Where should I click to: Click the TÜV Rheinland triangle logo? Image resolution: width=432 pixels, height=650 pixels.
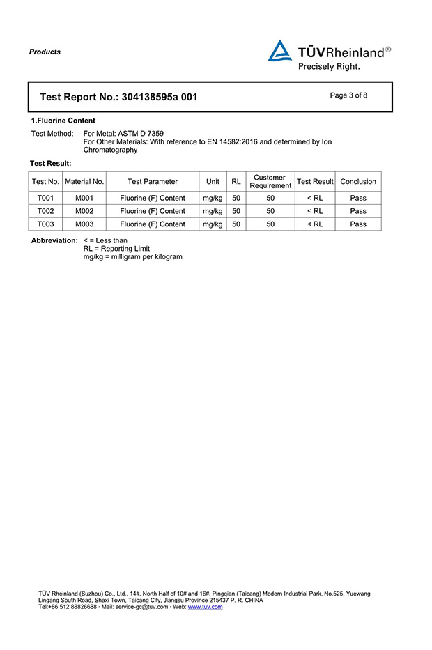(280, 52)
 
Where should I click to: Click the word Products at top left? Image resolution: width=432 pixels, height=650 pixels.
(45, 52)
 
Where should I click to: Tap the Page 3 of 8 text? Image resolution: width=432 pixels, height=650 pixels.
(348, 95)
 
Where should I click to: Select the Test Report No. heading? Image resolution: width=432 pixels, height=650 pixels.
(118, 97)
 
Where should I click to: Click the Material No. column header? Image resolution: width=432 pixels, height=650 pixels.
(84, 181)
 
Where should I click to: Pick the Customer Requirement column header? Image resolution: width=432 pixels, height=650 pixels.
(270, 181)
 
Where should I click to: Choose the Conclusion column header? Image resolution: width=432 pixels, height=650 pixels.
(358, 181)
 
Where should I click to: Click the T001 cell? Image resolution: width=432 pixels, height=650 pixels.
(45, 198)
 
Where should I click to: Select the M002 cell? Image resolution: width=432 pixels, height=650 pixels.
(84, 211)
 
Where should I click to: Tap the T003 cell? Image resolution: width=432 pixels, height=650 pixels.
(45, 224)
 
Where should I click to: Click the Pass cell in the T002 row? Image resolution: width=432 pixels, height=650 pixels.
(358, 211)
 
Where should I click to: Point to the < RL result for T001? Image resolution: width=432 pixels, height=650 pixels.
(315, 198)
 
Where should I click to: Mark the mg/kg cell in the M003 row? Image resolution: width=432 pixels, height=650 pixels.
(213, 224)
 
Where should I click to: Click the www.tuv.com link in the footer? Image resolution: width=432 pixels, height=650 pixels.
(206, 607)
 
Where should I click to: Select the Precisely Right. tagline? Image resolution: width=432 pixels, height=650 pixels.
(329, 67)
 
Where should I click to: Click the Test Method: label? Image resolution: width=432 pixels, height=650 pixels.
(52, 133)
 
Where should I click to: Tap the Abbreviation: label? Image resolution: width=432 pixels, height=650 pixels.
(54, 240)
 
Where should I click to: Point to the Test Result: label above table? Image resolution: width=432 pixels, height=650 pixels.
(50, 163)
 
